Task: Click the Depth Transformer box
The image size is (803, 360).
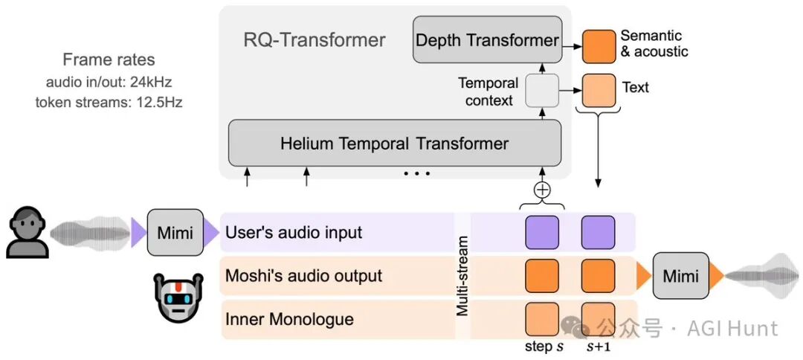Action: pyautogui.click(x=487, y=39)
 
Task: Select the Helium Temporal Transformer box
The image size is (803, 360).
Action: pyautogui.click(x=395, y=143)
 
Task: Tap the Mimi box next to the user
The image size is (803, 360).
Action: pyautogui.click(x=175, y=233)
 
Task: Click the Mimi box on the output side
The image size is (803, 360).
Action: pyautogui.click(x=680, y=276)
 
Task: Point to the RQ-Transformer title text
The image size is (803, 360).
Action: pyautogui.click(x=315, y=39)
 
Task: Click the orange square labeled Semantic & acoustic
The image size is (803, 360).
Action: pyautogui.click(x=599, y=47)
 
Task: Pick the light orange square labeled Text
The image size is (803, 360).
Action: pyautogui.click(x=599, y=91)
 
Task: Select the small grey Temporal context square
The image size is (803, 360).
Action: pyautogui.click(x=542, y=91)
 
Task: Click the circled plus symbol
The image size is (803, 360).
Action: pyautogui.click(x=542, y=190)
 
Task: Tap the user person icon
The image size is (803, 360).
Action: pyautogui.click(x=28, y=231)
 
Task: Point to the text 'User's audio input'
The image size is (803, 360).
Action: pyautogui.click(x=294, y=233)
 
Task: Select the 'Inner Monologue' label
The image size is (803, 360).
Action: pyautogui.click(x=290, y=320)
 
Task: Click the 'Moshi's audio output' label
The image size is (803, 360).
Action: pyautogui.click(x=304, y=276)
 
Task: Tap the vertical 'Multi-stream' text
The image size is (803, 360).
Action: pyautogui.click(x=462, y=275)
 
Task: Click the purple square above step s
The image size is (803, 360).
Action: pyautogui.click(x=542, y=233)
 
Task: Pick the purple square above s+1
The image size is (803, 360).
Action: pyautogui.click(x=598, y=233)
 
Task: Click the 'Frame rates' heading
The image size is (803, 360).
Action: pyautogui.click(x=109, y=60)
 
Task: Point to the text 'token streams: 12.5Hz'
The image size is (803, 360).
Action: pyautogui.click(x=109, y=103)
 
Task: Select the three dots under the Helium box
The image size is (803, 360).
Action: pyautogui.click(x=417, y=174)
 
